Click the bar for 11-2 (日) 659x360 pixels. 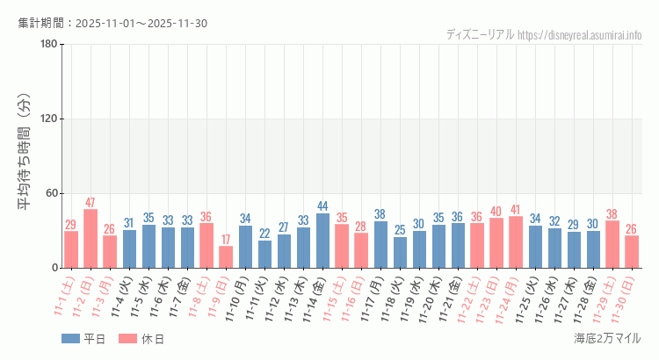pyautogui.click(x=91, y=238)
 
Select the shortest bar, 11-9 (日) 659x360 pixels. pyautogui.click(x=226, y=256)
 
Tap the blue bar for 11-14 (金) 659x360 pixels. pyautogui.click(x=322, y=240)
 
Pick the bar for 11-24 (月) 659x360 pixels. pyautogui.click(x=516, y=241)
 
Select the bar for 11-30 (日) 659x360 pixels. pyautogui.click(x=632, y=251)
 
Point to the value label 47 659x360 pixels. pyautogui.click(x=91, y=203)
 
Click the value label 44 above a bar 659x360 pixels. pyautogui.click(x=322, y=206)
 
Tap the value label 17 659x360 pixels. pyautogui.click(x=226, y=240)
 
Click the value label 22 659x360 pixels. pyautogui.click(x=264, y=234)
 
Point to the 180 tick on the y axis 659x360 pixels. pyautogui.click(x=49, y=45)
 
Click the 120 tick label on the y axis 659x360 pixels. pyautogui.click(x=49, y=119)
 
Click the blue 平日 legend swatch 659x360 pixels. pyautogui.click(x=69, y=339)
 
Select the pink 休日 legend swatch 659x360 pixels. pyautogui.click(x=127, y=339)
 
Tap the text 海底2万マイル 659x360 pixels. pyautogui.click(x=606, y=338)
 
